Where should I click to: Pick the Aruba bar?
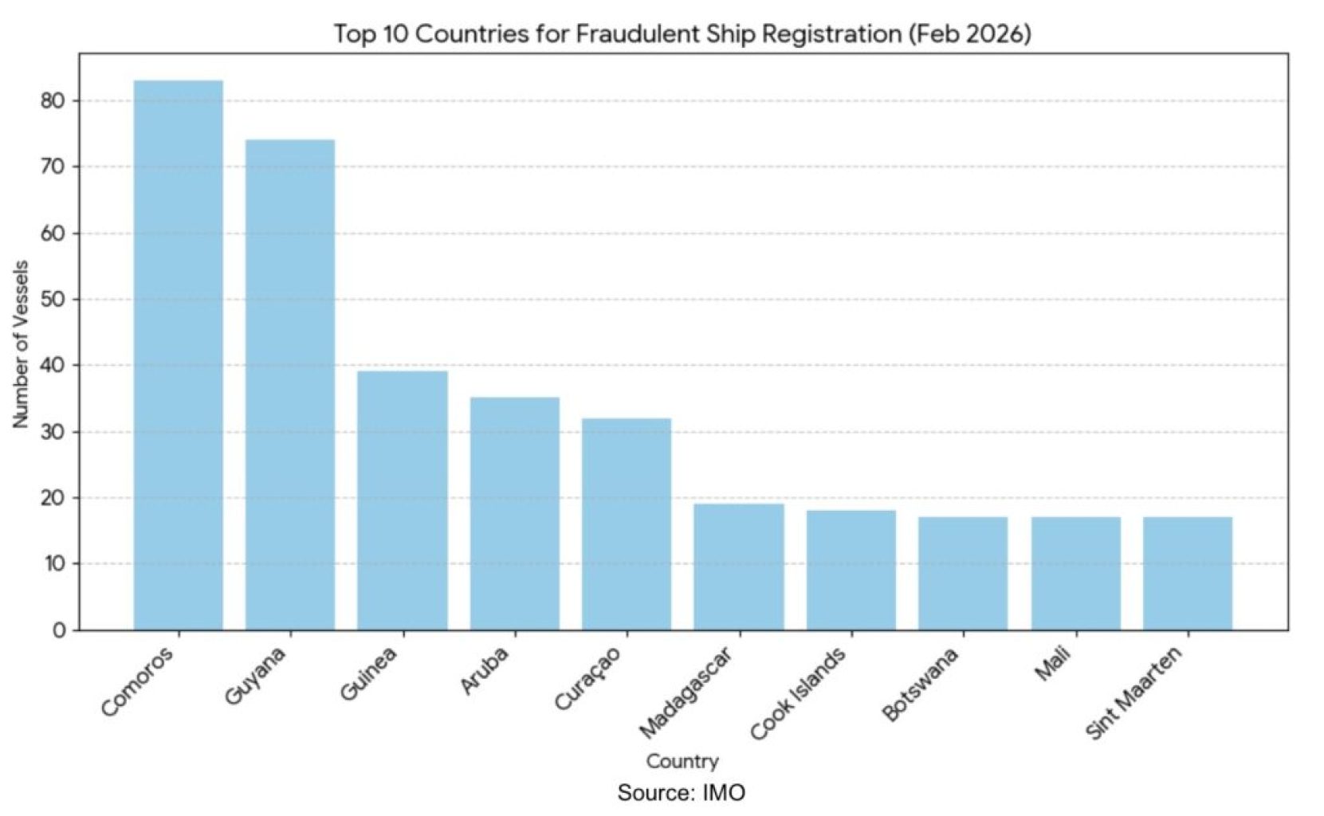[x=514, y=513]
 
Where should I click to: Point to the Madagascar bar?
[x=739, y=567]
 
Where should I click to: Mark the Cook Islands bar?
[x=851, y=570]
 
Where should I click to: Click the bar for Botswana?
[x=963, y=573]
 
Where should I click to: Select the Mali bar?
[x=1076, y=573]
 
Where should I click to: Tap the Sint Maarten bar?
[x=1188, y=573]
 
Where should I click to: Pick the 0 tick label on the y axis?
[x=59, y=630]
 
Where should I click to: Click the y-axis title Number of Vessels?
[x=22, y=344]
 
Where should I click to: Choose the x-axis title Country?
[x=682, y=761]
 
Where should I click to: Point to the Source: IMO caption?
[x=682, y=793]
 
